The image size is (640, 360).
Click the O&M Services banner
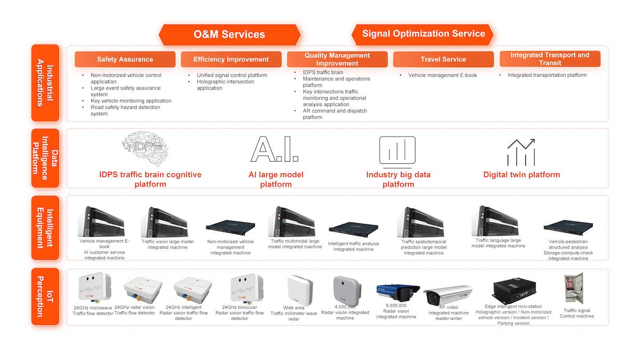click(229, 35)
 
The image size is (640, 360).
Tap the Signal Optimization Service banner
click(423, 34)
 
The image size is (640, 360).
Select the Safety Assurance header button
click(125, 59)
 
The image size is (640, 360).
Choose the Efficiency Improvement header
click(231, 59)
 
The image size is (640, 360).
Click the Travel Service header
click(443, 59)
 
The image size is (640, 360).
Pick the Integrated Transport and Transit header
click(549, 59)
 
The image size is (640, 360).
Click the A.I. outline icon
click(274, 149)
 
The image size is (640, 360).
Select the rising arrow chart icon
click(521, 151)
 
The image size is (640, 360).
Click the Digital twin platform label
click(521, 174)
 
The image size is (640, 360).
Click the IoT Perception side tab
click(45, 297)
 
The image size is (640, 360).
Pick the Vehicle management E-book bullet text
click(442, 75)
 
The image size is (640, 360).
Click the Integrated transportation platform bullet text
click(547, 75)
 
